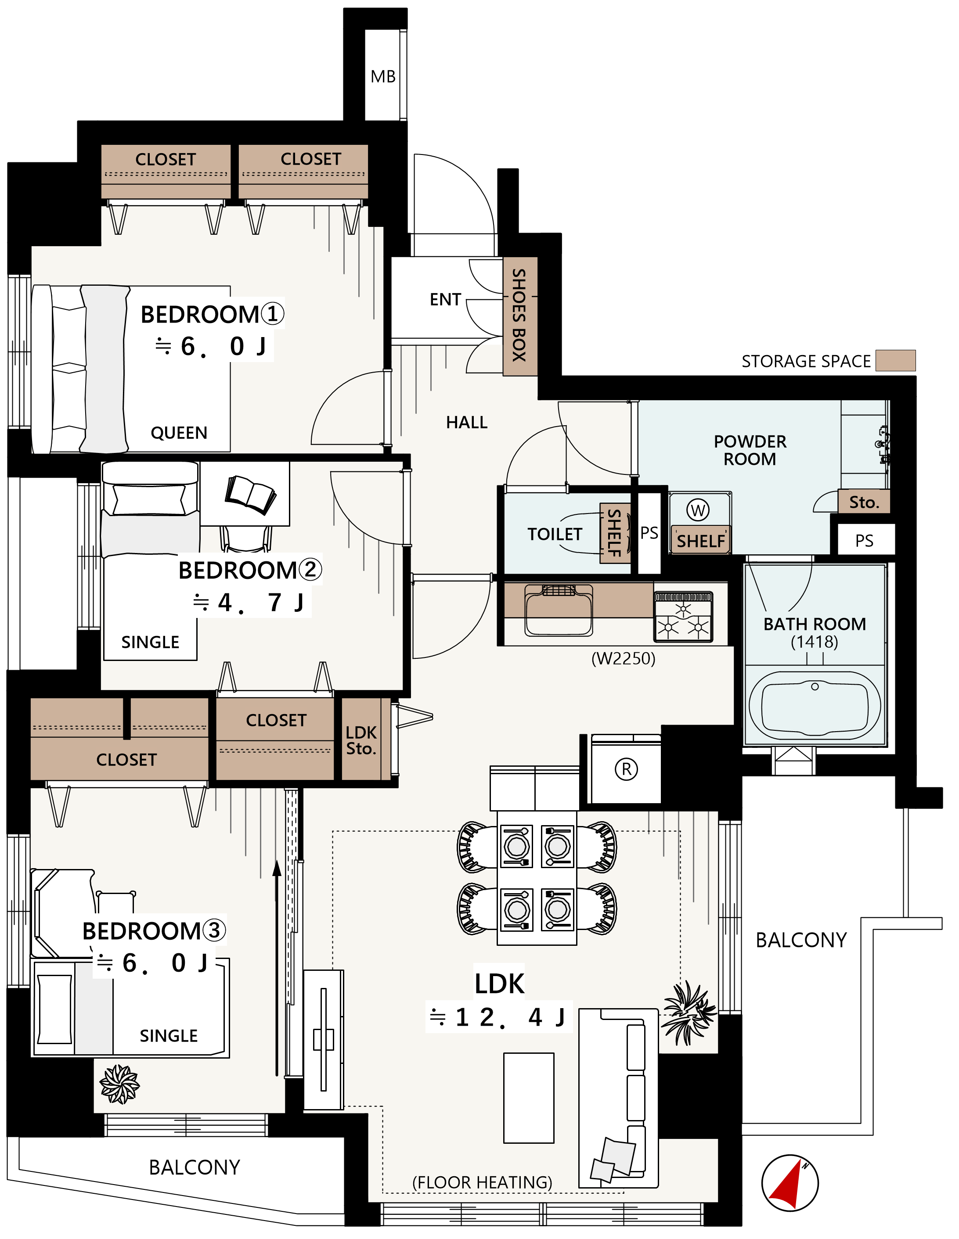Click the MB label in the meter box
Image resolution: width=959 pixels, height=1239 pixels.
(383, 76)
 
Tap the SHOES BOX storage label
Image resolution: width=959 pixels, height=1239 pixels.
(519, 316)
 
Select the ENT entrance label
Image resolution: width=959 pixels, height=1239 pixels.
(445, 299)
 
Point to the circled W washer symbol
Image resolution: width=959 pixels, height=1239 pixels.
(698, 510)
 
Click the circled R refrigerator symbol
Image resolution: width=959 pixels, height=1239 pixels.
(627, 769)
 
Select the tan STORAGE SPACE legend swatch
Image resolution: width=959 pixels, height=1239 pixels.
(895, 361)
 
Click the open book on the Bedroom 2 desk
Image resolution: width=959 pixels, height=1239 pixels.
(251, 494)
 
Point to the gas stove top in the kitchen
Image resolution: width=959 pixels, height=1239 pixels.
(683, 617)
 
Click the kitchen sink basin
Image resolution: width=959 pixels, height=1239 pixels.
(559, 611)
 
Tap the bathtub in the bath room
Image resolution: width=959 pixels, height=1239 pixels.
(815, 706)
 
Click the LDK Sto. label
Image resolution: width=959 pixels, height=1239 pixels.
(361, 740)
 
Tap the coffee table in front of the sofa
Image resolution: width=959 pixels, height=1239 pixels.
(529, 1098)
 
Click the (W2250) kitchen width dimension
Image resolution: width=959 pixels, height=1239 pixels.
(623, 659)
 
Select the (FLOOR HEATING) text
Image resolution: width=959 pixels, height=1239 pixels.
(482, 1182)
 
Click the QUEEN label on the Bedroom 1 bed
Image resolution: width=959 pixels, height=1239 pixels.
(179, 433)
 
